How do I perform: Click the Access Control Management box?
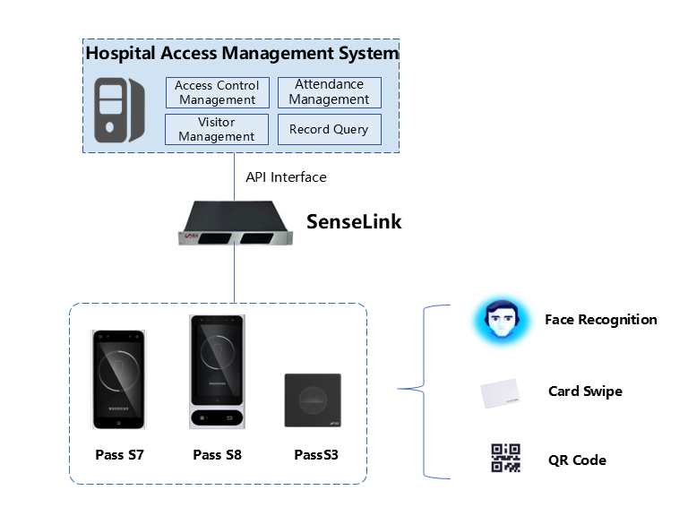coord(217,92)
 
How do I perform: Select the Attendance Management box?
coord(329,92)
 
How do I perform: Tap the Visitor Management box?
coord(217,129)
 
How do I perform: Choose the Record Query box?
coord(329,129)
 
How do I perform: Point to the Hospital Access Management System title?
coord(242,53)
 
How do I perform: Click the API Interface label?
coord(286,177)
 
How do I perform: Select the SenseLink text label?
coord(354,221)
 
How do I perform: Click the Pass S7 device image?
coord(119,380)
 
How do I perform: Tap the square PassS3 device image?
coord(313,400)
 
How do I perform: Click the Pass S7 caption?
coord(119,455)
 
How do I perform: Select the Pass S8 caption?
coord(217,455)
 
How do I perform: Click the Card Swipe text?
coord(585,391)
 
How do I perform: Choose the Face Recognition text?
coord(600,320)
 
